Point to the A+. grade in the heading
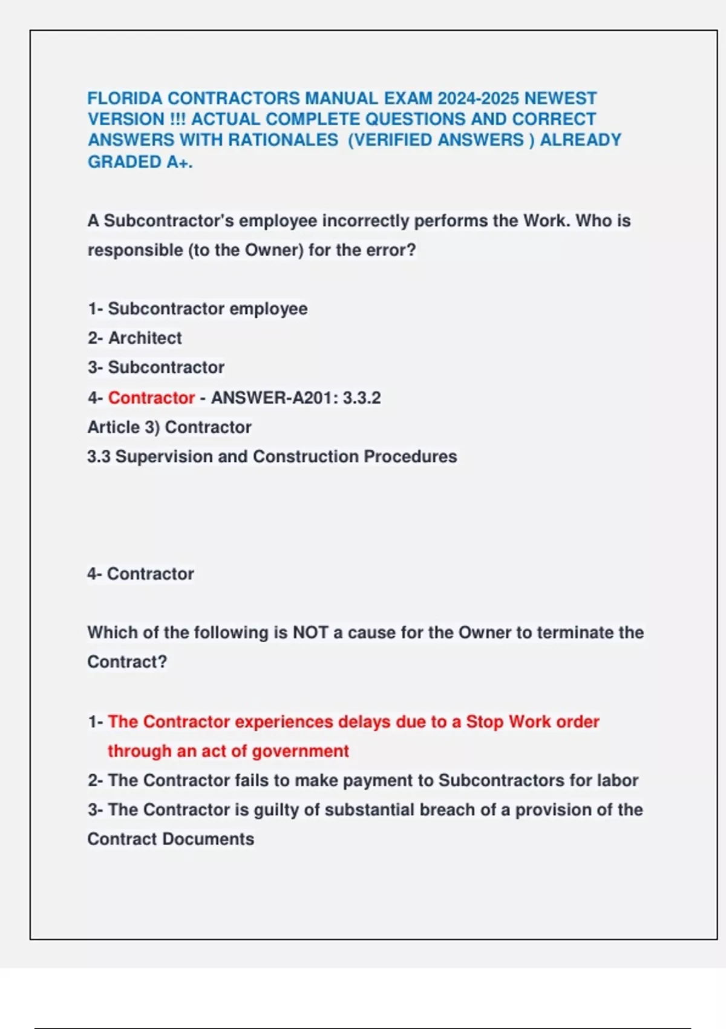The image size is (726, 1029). click(x=180, y=162)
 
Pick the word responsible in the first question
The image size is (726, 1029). click(x=135, y=250)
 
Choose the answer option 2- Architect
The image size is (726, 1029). click(x=134, y=338)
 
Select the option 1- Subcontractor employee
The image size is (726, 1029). click(x=197, y=309)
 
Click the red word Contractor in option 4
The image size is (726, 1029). click(x=151, y=398)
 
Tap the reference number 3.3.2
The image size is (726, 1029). click(x=362, y=398)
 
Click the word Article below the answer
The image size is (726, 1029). click(x=114, y=427)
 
